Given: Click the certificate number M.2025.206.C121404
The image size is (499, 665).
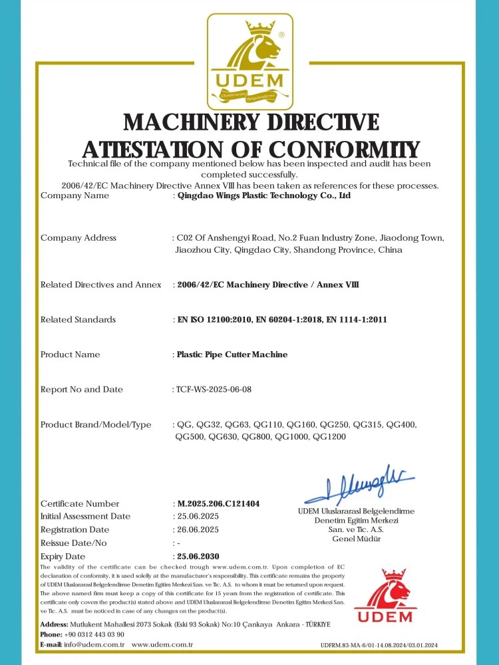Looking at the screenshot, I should [x=218, y=504].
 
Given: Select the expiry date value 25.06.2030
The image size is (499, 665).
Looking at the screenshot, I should [x=198, y=556].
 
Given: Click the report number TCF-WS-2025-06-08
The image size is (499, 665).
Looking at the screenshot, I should [x=214, y=390].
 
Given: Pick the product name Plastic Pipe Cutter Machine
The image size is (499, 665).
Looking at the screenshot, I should [x=232, y=354].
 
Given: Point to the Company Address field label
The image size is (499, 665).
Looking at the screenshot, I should [x=79, y=238].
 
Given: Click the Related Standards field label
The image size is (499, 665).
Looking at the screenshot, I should [x=78, y=320].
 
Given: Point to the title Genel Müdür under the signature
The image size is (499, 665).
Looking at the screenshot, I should [x=357, y=539].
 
